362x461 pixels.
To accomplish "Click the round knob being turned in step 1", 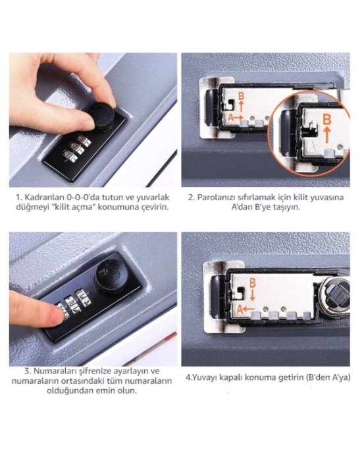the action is (x=101, y=116).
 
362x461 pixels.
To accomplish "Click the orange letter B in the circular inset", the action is (x=326, y=120).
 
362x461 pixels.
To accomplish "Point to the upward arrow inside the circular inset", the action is (x=326, y=134).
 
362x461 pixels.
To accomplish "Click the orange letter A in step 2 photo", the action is (x=231, y=117).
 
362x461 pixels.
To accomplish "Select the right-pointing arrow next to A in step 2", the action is (x=239, y=117).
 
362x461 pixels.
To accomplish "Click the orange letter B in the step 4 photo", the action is (x=252, y=283).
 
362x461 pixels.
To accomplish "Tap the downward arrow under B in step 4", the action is (x=252, y=295).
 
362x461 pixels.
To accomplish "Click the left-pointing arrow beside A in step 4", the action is (x=249, y=309).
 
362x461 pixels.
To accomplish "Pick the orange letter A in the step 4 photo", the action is (x=240, y=309).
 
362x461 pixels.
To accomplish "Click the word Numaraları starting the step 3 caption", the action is (x=51, y=371).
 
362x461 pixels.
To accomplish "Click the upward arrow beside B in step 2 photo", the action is (x=242, y=106).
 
